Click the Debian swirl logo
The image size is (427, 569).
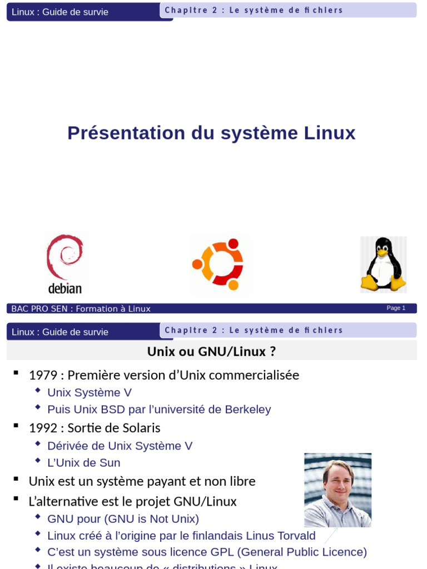tap(64, 257)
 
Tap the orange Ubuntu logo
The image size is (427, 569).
tap(219, 264)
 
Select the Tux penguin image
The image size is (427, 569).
tap(383, 264)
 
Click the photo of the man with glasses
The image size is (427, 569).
tap(337, 490)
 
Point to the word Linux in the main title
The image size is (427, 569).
tap(330, 133)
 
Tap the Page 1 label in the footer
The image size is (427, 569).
tap(396, 308)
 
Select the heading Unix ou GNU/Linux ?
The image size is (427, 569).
tap(211, 351)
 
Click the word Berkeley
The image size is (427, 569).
tap(248, 410)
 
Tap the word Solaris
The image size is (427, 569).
tap(141, 428)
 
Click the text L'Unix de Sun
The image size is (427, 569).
tap(84, 462)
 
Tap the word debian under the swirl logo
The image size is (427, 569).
tap(65, 288)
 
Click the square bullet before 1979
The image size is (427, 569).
tap(16, 373)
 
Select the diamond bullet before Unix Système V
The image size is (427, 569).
tap(37, 391)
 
